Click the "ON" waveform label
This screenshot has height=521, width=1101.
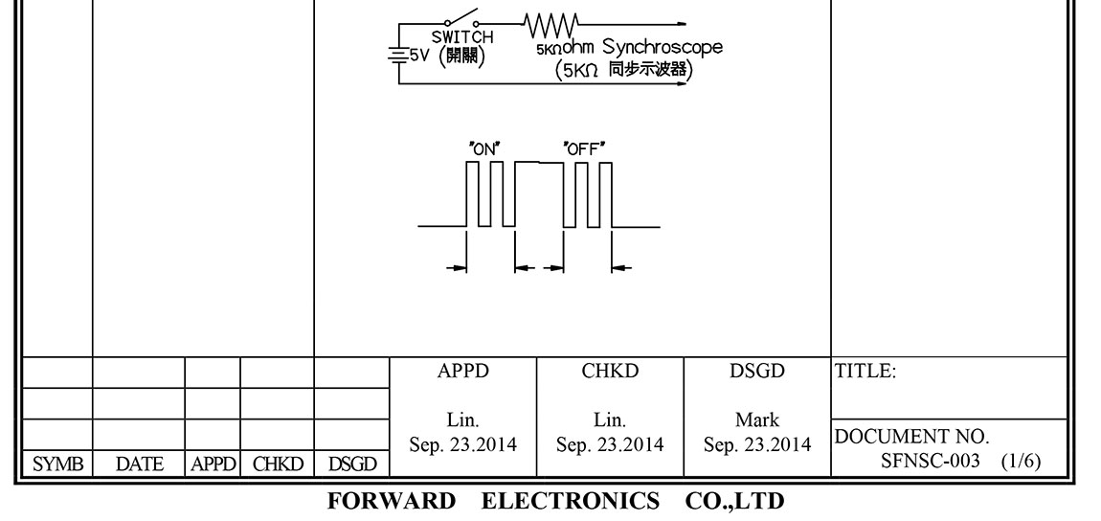pyautogui.click(x=485, y=147)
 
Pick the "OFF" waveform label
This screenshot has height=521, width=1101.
pyautogui.click(x=585, y=147)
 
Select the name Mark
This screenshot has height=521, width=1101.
pyautogui.click(x=756, y=420)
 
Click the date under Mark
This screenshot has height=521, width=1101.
pyautogui.click(x=756, y=445)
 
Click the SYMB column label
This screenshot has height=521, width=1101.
pyautogui.click(x=46, y=464)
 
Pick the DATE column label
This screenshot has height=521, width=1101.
pyautogui.click(x=138, y=464)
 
